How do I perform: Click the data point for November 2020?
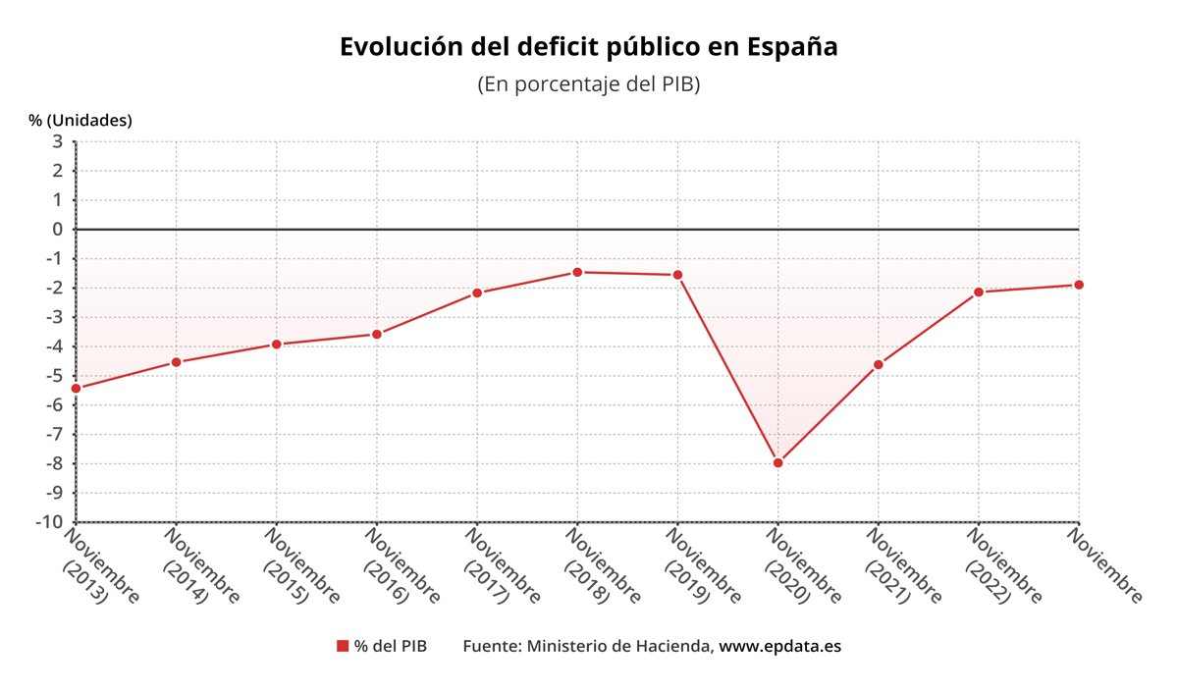coord(778,462)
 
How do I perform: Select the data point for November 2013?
coord(77,388)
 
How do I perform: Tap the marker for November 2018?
coord(577,272)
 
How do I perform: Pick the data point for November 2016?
coord(377,334)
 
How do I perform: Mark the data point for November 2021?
coord(879,365)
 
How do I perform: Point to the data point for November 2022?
coord(979,292)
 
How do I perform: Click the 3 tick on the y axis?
coord(57,141)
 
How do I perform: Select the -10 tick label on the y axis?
coord(49,522)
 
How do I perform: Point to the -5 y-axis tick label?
coord(54,376)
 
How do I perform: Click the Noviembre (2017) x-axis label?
coord(501,566)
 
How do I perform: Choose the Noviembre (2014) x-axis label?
coord(200,566)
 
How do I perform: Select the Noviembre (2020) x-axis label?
coord(801,566)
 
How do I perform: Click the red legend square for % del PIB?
coord(343,646)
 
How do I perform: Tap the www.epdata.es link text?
coord(780,646)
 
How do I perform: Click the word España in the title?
coord(792,47)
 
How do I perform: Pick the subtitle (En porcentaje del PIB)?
coord(588,84)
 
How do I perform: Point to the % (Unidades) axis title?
coord(80,120)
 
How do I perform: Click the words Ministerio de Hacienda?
coord(618,646)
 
